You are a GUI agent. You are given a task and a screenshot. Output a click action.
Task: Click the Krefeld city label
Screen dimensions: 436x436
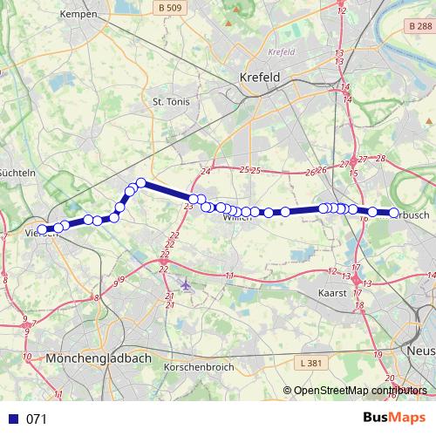pyautogui.click(x=260, y=77)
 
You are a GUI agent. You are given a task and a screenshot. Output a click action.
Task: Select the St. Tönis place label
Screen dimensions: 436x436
pyautogui.click(x=171, y=101)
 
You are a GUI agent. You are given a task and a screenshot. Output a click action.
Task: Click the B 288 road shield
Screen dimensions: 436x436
pyautogui.click(x=419, y=27)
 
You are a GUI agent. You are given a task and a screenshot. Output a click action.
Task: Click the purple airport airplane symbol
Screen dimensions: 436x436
pyautogui.click(x=186, y=284)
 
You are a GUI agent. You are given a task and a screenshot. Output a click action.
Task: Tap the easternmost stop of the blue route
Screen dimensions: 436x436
pyautogui.click(x=393, y=213)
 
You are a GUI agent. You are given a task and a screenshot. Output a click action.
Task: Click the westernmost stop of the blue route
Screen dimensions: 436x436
pyautogui.click(x=42, y=229)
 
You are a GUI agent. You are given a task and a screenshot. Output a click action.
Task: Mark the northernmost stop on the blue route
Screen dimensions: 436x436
pyautogui.click(x=140, y=182)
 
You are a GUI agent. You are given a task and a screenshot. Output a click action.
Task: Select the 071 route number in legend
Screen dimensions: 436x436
pyautogui.click(x=36, y=419)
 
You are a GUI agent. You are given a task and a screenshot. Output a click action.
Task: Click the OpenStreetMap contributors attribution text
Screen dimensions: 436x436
pyautogui.click(x=359, y=391)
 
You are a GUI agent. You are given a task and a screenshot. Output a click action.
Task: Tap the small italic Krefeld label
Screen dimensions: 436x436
pyautogui.click(x=283, y=51)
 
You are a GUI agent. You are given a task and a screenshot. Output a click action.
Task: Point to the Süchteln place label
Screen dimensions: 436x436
pyautogui.click(x=17, y=173)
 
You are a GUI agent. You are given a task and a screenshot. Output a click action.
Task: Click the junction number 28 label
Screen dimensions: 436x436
pyautogui.click(x=379, y=158)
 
